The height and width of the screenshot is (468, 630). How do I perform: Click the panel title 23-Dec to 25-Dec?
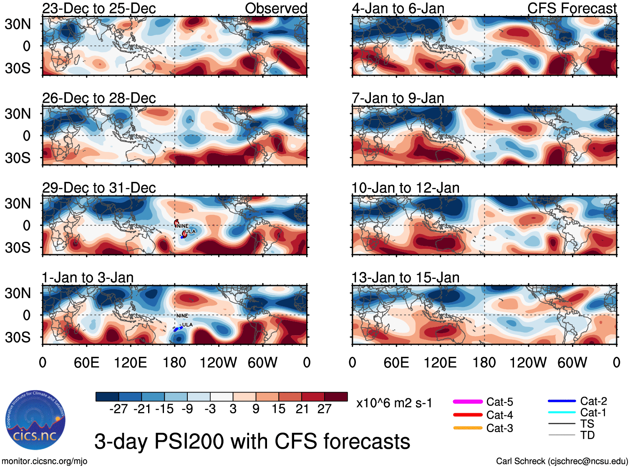(x=99, y=8)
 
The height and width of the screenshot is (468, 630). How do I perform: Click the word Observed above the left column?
(x=276, y=8)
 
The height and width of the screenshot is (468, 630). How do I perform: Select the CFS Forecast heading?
(x=572, y=8)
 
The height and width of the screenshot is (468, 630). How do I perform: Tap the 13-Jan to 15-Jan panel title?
(x=405, y=278)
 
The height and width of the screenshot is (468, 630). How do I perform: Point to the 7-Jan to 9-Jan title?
(x=398, y=98)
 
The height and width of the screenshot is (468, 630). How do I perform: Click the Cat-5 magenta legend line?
(x=468, y=402)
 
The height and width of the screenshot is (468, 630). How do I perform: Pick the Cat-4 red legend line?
(x=468, y=415)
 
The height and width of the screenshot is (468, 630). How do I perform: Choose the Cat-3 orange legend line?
(x=468, y=428)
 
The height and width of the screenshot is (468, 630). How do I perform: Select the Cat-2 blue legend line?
(x=562, y=401)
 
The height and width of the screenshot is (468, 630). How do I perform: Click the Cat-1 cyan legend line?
(x=562, y=412)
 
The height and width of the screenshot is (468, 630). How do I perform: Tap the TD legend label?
(x=587, y=435)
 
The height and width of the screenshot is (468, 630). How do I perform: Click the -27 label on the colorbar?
(x=118, y=409)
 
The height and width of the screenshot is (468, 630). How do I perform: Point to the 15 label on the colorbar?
(x=278, y=409)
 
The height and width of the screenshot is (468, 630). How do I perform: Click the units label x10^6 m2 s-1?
(x=394, y=403)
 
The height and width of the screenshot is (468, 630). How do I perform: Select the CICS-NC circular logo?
(x=35, y=420)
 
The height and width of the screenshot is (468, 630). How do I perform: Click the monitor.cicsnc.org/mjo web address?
(x=45, y=461)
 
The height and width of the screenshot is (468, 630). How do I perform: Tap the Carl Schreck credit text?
(x=562, y=461)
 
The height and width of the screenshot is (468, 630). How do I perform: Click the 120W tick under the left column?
(x=218, y=362)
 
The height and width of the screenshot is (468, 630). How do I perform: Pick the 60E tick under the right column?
(x=396, y=362)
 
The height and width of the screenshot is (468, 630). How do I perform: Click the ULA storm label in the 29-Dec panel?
(x=190, y=231)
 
